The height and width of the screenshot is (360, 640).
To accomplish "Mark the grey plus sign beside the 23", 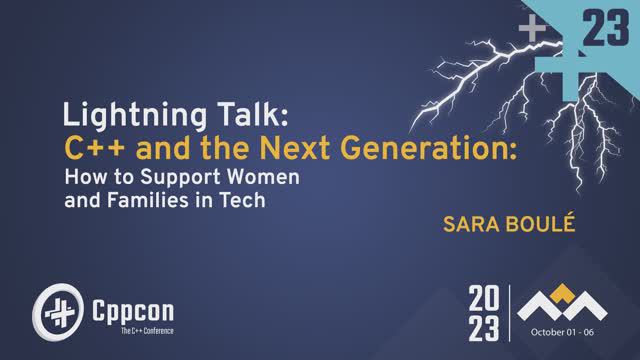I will [535, 31].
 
